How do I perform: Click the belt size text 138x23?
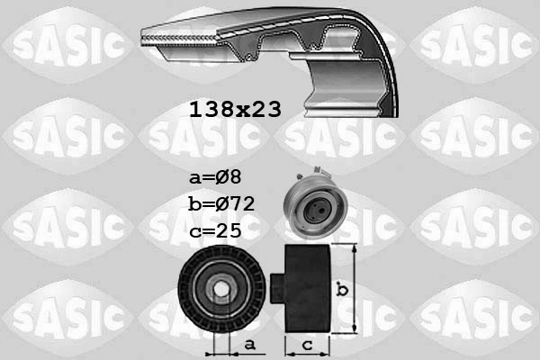[x=235, y=110]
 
